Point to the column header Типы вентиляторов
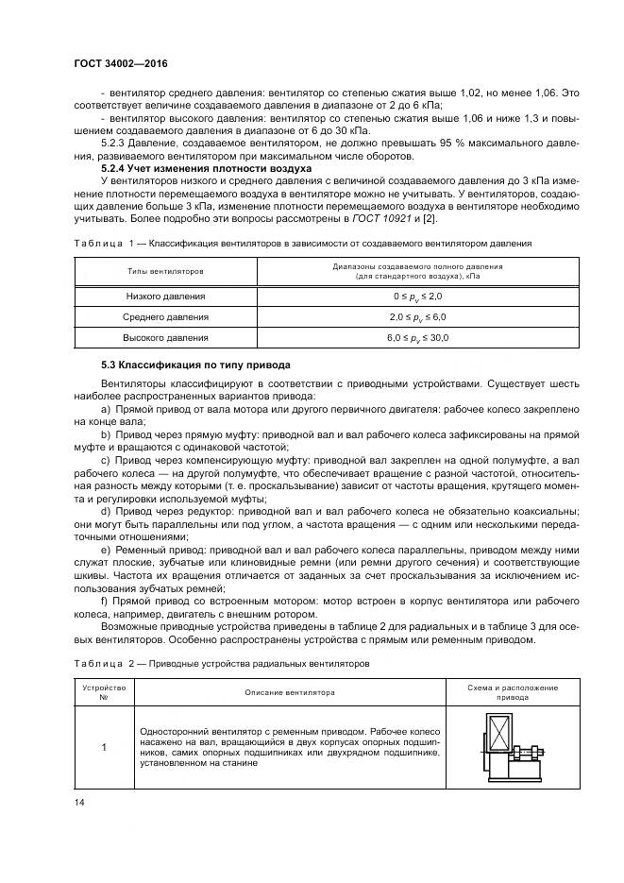point(166,271)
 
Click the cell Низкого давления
point(166,297)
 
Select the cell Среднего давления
point(166,317)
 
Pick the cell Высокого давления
point(166,337)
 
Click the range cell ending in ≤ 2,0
point(416,297)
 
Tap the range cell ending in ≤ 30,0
point(416,337)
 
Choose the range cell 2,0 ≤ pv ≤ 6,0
point(416,317)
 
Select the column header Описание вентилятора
point(290,692)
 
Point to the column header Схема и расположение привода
point(513,692)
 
